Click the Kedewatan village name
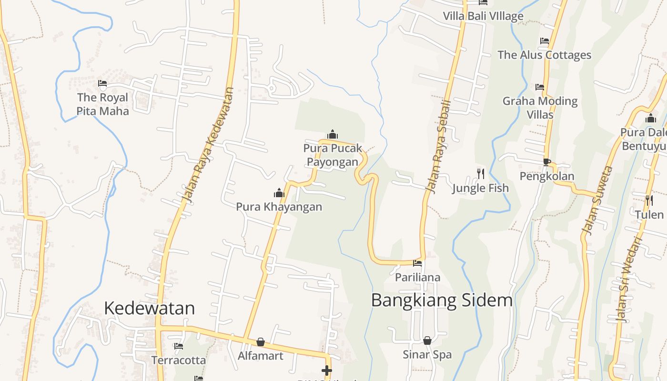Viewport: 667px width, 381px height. [x=149, y=308]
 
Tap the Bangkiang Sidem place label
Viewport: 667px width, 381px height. [x=442, y=301]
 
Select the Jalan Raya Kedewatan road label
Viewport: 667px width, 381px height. [x=208, y=145]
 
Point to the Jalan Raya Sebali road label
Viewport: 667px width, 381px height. [x=438, y=147]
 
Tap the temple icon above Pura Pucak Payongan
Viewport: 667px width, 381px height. [x=333, y=135]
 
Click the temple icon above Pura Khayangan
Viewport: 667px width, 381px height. [x=279, y=193]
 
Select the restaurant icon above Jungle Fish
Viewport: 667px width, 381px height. [x=480, y=174]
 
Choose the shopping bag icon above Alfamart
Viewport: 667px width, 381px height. [x=261, y=342]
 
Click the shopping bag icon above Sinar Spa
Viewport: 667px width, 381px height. [x=427, y=341]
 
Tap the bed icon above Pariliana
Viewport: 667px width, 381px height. [x=417, y=263]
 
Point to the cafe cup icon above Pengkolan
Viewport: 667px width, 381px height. [x=546, y=162]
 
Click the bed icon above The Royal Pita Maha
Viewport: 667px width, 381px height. [x=102, y=84]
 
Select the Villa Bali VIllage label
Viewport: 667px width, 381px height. [x=483, y=16]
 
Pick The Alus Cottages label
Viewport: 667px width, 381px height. [x=544, y=55]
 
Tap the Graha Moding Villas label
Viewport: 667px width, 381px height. [x=540, y=108]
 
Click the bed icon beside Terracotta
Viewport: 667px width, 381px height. [x=179, y=346]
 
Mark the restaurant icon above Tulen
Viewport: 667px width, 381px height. [x=649, y=200]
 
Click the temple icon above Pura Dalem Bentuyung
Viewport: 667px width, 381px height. [x=651, y=119]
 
